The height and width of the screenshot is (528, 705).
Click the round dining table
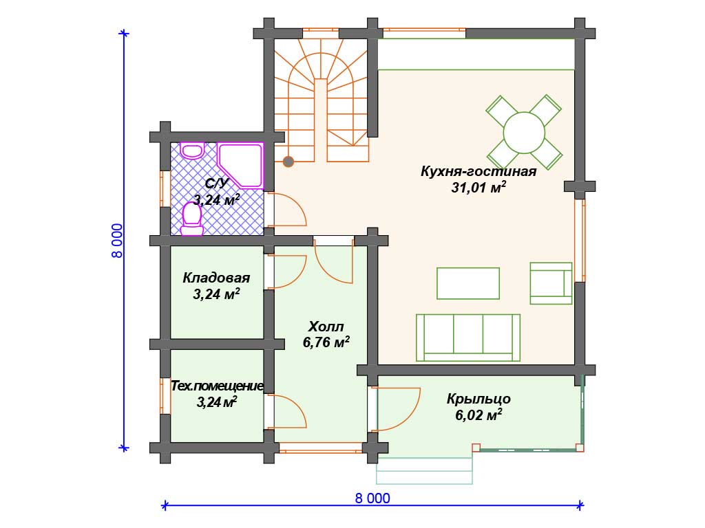[x=524, y=133]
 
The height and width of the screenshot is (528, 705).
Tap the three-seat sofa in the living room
[x=468, y=338]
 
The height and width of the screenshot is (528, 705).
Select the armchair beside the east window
[x=551, y=283]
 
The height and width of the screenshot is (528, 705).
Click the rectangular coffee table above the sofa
[x=468, y=283]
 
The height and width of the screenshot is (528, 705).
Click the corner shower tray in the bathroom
[x=240, y=165]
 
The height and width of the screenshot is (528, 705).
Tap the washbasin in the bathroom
[x=193, y=151]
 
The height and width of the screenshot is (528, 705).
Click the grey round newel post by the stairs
[x=288, y=161]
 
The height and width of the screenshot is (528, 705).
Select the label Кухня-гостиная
[x=478, y=171]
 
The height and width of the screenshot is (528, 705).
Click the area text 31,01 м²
[x=478, y=187]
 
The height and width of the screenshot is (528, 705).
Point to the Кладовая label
[x=216, y=278]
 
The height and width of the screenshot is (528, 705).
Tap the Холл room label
[x=326, y=326]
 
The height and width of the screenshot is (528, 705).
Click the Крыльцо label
[x=478, y=399]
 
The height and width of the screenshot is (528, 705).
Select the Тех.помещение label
[x=217, y=386]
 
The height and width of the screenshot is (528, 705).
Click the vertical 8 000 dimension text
[x=117, y=241]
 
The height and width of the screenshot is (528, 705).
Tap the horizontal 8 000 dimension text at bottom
[x=372, y=498]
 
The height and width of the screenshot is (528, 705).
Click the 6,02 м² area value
[x=478, y=415]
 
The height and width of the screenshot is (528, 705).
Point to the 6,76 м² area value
[x=326, y=342]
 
